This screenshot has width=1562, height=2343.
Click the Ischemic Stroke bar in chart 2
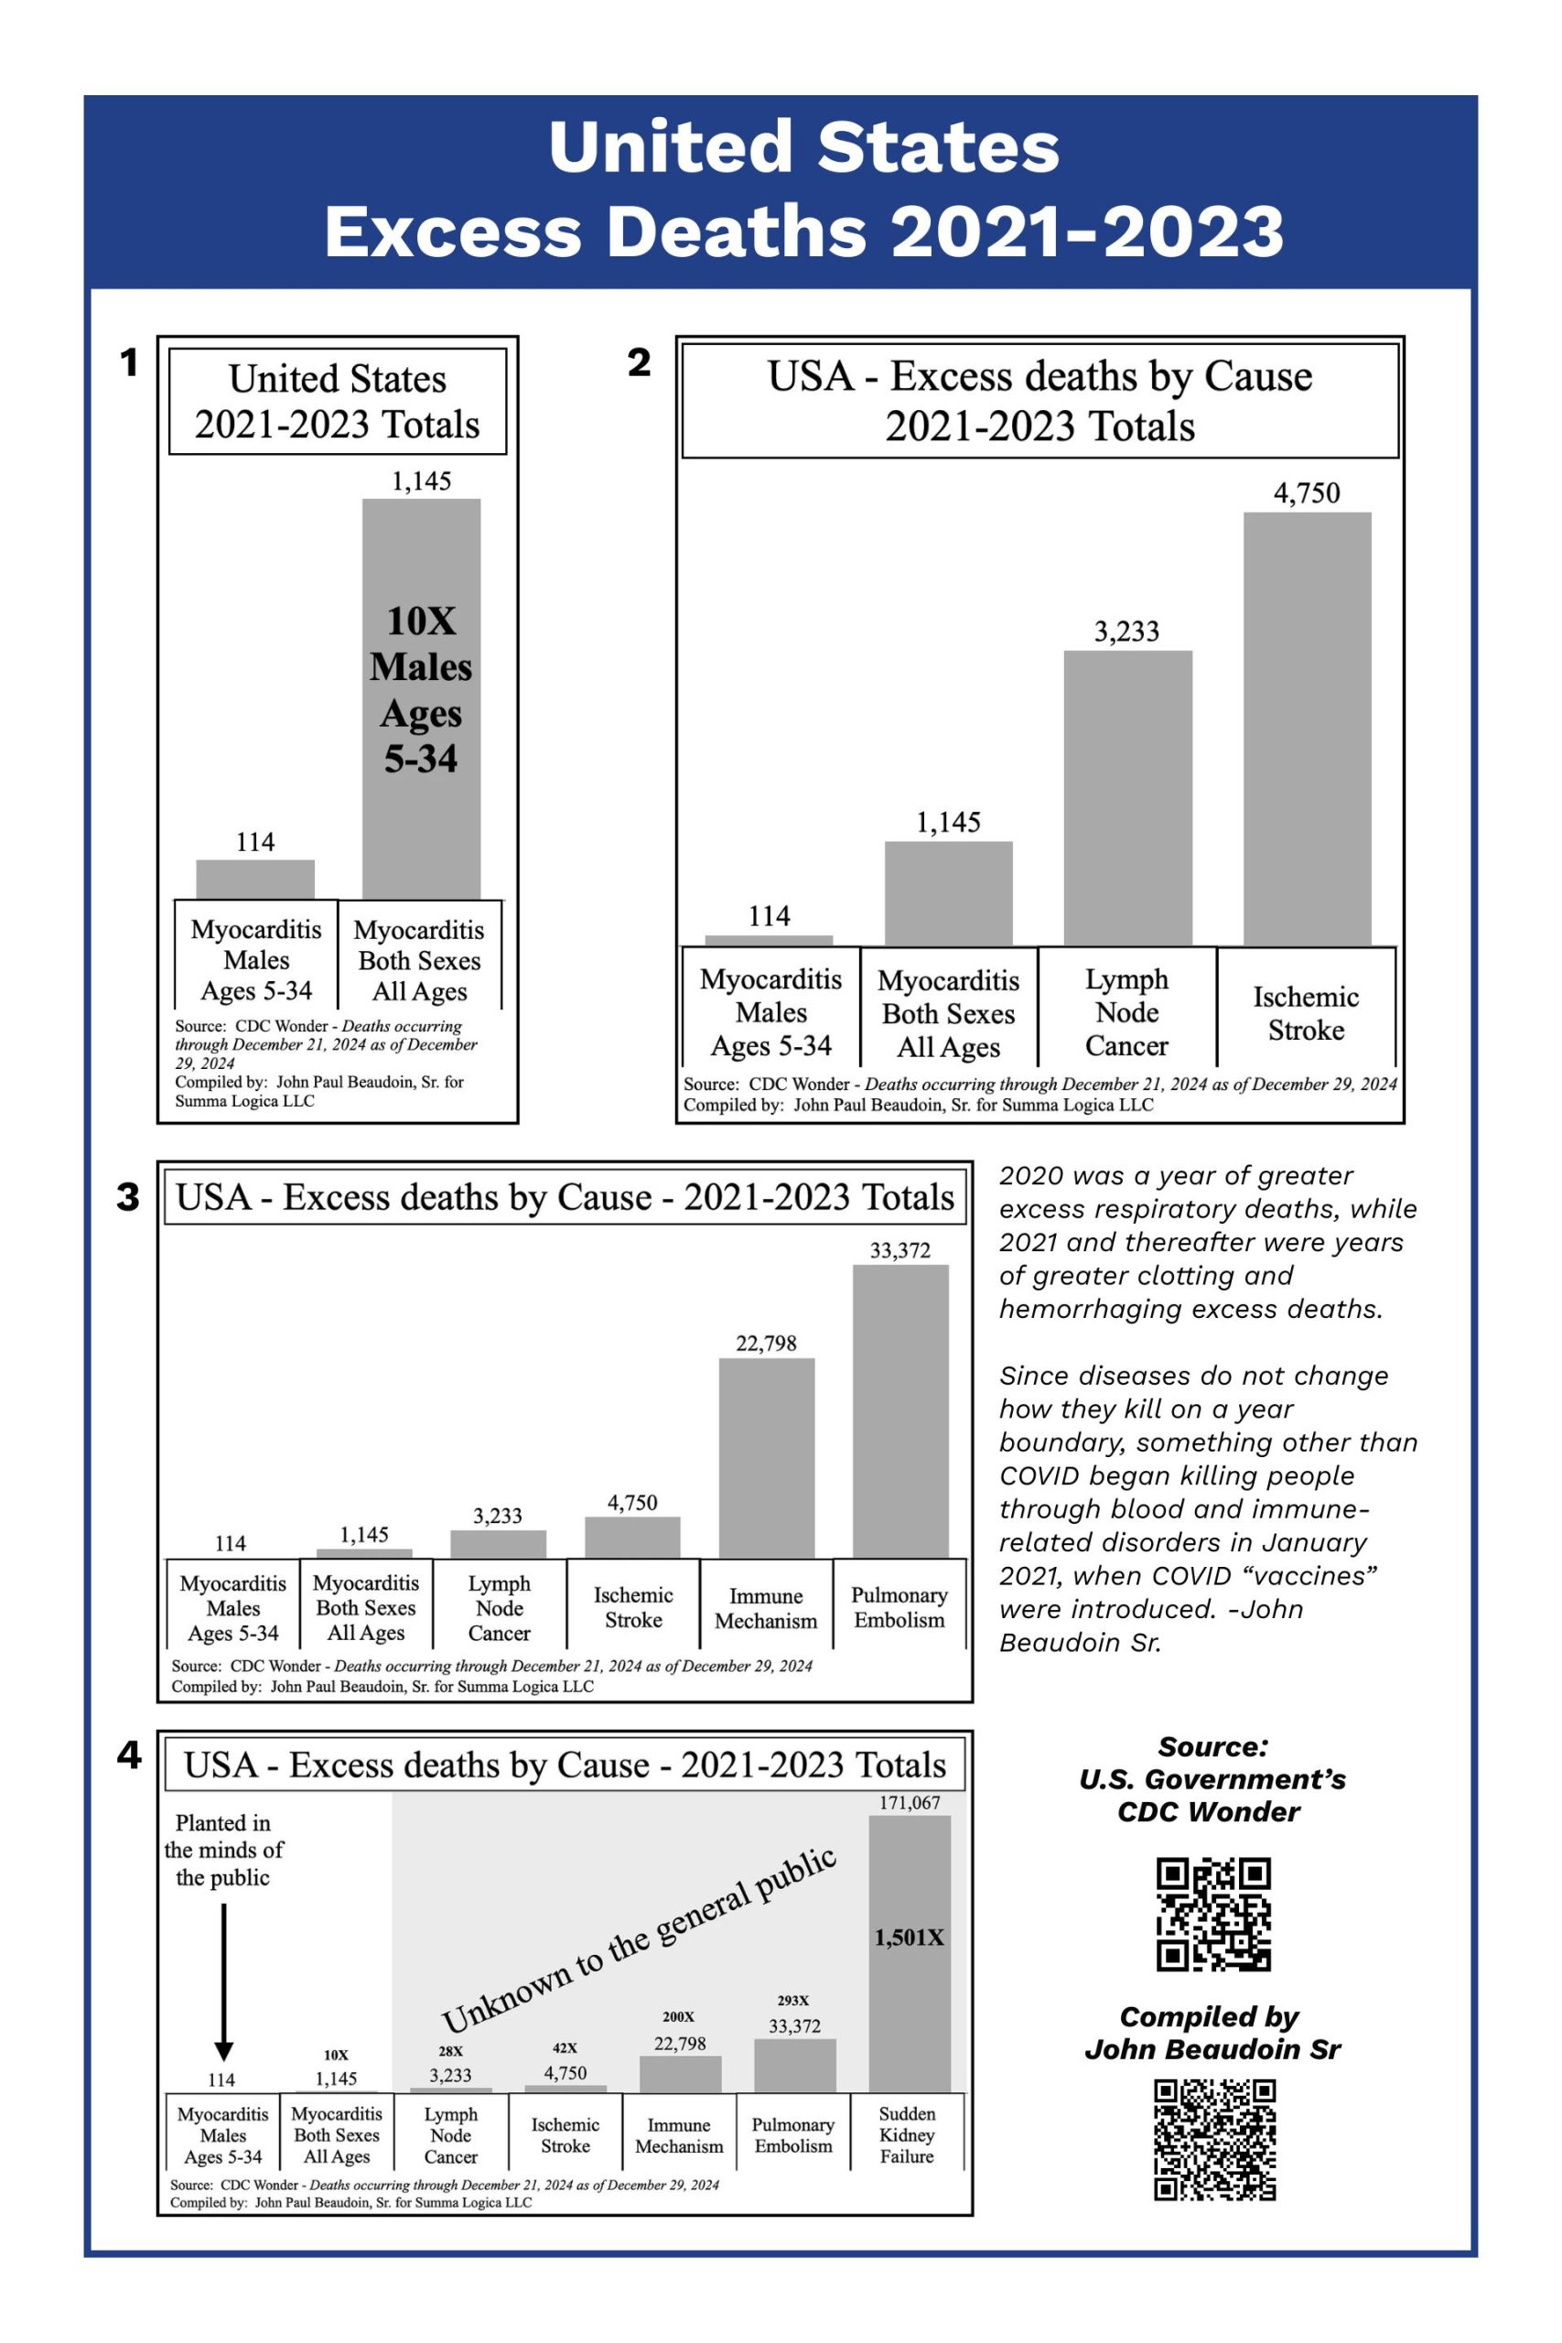coord(1307,729)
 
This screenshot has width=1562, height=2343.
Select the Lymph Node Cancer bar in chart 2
coord(1127,797)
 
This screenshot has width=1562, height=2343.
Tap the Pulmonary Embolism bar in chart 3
coord(900,1410)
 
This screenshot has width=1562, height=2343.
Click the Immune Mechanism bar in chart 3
coord(766,1457)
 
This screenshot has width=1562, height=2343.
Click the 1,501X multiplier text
coord(909,1938)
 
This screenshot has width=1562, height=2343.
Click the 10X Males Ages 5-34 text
coord(420,689)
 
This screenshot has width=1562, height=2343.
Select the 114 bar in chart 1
coord(255,879)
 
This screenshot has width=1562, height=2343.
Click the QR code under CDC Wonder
coord(1212,1914)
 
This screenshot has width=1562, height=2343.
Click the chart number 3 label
coord(128,1195)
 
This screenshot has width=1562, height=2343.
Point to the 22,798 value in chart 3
coord(766,1343)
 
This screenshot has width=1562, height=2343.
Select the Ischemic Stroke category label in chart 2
coord(1305,1013)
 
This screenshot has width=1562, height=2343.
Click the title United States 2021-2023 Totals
coord(337,402)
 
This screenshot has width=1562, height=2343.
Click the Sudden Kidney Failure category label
coord(907,2133)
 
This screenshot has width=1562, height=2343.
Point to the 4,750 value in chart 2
coord(1306,493)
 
